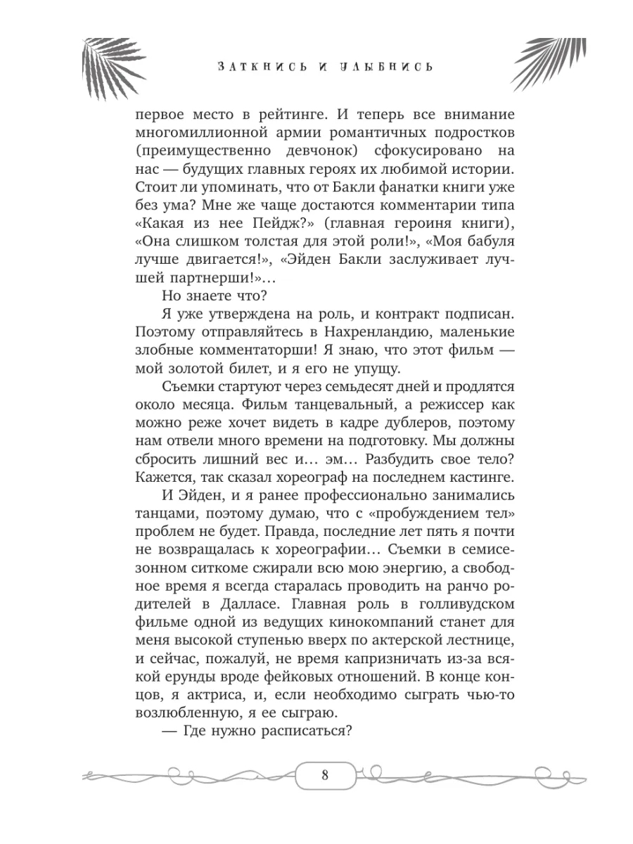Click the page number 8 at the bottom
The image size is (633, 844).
pyautogui.click(x=324, y=776)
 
